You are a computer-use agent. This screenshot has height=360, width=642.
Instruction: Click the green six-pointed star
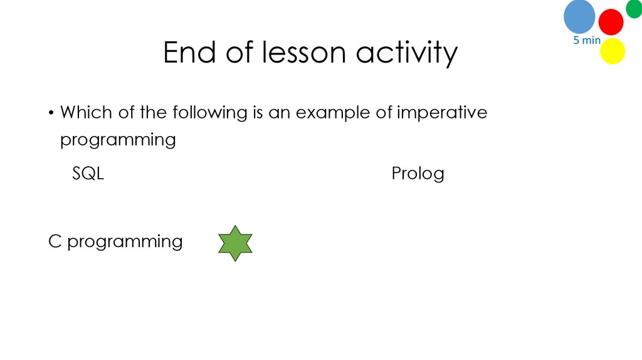click(x=235, y=243)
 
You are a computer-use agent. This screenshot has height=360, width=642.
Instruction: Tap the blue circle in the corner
click(x=579, y=16)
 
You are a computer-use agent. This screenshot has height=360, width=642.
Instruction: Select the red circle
click(x=611, y=22)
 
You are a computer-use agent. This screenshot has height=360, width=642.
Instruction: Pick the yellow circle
click(x=613, y=51)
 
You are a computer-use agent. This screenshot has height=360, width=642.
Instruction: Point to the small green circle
click(x=634, y=8)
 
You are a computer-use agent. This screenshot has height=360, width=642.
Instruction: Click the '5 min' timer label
click(x=587, y=41)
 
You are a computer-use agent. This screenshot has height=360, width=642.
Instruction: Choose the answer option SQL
click(x=88, y=173)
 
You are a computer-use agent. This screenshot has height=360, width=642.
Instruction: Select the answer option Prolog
click(x=418, y=173)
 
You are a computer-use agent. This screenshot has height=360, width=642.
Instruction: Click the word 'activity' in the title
click(x=408, y=54)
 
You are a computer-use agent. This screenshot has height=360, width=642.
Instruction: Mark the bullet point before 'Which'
click(x=50, y=114)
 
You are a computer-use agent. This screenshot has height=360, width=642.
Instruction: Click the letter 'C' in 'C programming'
click(x=55, y=241)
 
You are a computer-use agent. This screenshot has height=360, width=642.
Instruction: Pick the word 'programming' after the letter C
click(x=125, y=243)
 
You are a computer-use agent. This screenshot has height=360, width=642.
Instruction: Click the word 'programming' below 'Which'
click(x=118, y=140)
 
